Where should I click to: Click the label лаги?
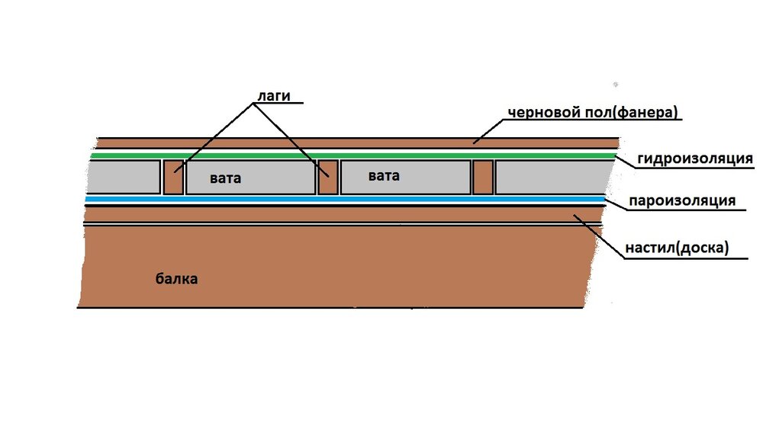tap(273, 96)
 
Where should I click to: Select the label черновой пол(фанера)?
tap(593, 112)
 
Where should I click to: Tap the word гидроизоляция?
tap(695, 159)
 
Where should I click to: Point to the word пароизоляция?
tap(681, 200)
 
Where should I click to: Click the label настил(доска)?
tap(677, 248)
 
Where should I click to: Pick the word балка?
tap(176, 279)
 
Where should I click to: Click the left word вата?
tap(225, 178)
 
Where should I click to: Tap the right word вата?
tap(384, 175)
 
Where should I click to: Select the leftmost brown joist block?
tap(173, 178)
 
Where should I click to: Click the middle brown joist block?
tap(328, 178)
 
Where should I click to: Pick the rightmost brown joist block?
tap(483, 178)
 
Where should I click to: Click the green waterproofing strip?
tap(353, 155)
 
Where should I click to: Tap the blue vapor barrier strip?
tap(345, 199)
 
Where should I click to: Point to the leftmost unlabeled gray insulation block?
tap(123, 177)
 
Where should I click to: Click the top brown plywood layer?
tap(358, 143)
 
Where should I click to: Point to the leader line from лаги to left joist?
tap(214, 138)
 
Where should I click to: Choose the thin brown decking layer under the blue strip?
tap(343, 215)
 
